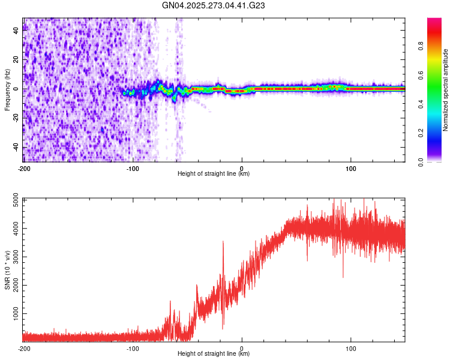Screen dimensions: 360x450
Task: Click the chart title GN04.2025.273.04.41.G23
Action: pyautogui.click(x=214, y=5)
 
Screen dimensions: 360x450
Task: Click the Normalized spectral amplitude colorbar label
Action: pyautogui.click(x=446, y=90)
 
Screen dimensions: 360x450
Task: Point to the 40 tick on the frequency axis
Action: pyautogui.click(x=17, y=31)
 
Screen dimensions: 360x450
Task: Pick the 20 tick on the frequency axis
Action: pyautogui.click(x=17, y=60)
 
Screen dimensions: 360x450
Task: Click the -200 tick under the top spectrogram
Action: pyautogui.click(x=24, y=168)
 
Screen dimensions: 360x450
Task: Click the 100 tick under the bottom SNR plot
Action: pyautogui.click(x=350, y=348)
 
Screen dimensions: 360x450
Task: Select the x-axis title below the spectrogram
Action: pyautogui.click(x=214, y=174)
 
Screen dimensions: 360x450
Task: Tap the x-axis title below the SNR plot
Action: pyautogui.click(x=214, y=354)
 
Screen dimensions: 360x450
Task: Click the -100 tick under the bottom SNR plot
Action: pyautogui.click(x=133, y=348)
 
